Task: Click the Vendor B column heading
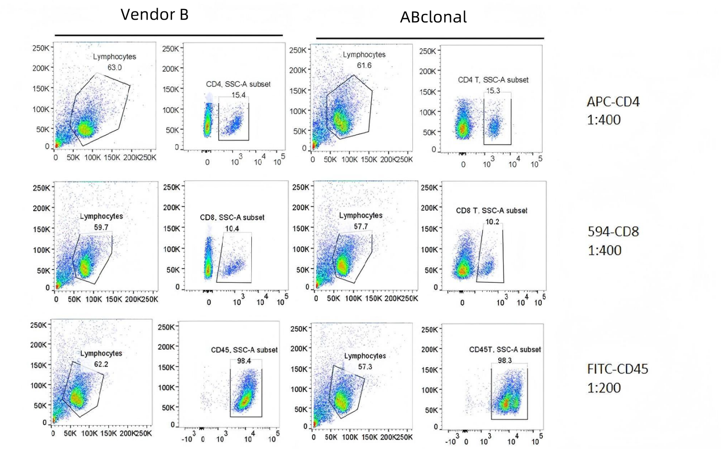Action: click(x=154, y=15)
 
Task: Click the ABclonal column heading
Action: click(x=433, y=17)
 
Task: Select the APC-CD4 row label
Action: click(x=613, y=102)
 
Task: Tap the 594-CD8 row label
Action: click(x=613, y=232)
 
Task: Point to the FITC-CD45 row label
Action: click(x=617, y=369)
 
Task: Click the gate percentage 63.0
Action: click(x=114, y=67)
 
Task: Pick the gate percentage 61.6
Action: click(x=364, y=65)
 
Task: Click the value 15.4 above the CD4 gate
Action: click(x=238, y=95)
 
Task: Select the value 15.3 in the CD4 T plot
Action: click(x=493, y=90)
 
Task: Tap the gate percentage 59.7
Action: click(x=101, y=227)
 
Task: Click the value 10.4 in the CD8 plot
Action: click(x=232, y=229)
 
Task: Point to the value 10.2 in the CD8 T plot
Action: click(x=492, y=222)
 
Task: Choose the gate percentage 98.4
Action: click(x=244, y=361)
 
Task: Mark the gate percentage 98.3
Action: click(x=505, y=361)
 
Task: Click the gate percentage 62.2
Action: click(x=101, y=364)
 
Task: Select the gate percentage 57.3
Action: click(x=365, y=367)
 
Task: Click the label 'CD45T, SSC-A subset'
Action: click(x=505, y=350)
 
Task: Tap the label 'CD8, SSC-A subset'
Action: click(x=232, y=218)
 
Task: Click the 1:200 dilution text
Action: click(x=604, y=388)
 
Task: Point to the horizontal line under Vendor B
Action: click(x=169, y=35)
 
